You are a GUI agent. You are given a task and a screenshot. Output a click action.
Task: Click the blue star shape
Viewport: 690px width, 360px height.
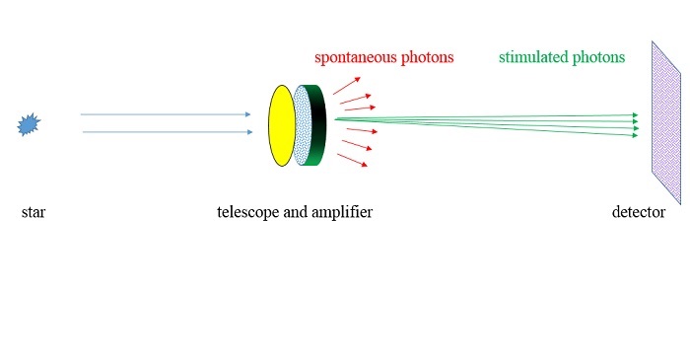(29, 125)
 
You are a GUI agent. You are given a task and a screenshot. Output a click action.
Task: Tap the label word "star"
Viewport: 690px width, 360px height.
(34, 212)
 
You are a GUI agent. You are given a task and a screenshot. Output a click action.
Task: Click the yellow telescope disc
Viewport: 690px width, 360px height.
(281, 125)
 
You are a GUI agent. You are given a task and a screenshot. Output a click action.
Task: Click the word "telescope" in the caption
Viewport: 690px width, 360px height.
(249, 212)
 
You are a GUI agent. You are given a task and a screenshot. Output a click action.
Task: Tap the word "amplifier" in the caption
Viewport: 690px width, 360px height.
(341, 212)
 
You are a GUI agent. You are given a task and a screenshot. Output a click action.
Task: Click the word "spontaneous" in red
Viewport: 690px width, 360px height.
(357, 57)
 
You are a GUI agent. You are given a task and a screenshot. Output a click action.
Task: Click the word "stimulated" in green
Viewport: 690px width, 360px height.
(533, 57)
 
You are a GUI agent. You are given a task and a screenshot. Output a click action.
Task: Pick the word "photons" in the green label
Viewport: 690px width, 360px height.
(600, 57)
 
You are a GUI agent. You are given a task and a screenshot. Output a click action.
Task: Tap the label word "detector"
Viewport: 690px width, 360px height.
(639, 212)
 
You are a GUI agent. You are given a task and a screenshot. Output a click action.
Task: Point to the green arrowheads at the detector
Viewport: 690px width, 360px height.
(634, 124)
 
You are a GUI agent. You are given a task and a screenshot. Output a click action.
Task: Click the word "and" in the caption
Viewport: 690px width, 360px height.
(295, 212)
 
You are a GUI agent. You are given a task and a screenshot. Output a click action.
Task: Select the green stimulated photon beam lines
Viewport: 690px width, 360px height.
(493, 121)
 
